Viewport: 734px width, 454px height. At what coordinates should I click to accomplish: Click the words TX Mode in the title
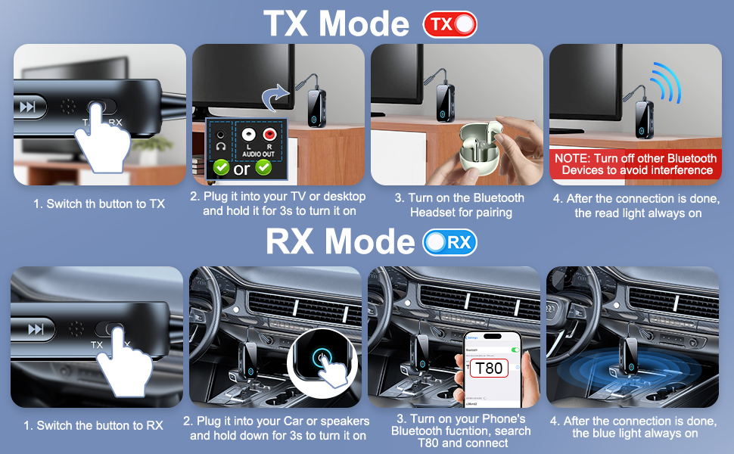tap(336, 23)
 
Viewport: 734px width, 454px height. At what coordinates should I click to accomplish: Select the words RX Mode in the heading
tap(341, 242)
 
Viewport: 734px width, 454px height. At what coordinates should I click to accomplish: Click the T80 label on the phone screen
tap(487, 369)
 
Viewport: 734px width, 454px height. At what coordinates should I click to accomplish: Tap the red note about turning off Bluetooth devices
tap(635, 164)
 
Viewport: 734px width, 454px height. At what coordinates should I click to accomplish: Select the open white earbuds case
tap(478, 148)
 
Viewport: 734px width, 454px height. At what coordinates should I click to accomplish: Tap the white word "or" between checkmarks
tap(241, 168)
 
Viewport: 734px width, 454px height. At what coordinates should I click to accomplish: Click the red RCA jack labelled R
tap(268, 135)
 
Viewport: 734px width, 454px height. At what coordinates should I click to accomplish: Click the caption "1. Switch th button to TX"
tap(99, 204)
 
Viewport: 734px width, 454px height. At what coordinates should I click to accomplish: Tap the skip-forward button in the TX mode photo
tap(28, 107)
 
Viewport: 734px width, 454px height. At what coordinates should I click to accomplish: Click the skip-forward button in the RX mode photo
tap(36, 329)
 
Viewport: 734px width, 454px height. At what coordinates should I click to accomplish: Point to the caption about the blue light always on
tap(634, 427)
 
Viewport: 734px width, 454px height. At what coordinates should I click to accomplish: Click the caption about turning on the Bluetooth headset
tap(460, 205)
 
